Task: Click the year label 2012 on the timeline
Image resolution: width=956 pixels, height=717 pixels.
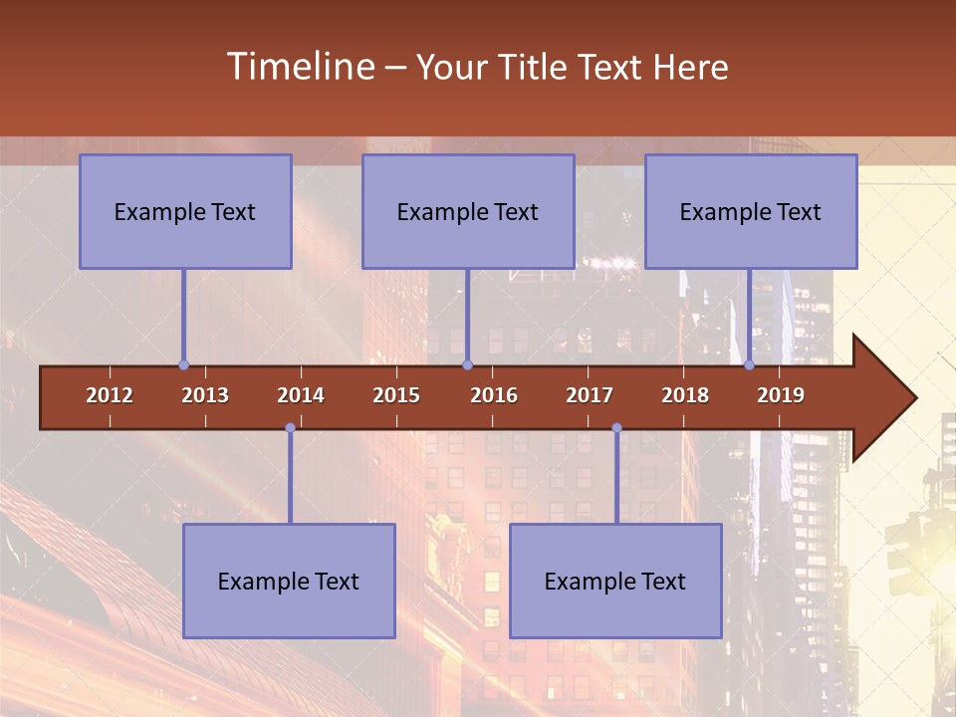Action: coord(110,395)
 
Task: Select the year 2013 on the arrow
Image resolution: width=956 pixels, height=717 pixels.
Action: coord(205,395)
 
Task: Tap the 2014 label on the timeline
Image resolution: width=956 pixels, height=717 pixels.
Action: coord(301,395)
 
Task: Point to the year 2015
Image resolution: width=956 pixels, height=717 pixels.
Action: coord(396,395)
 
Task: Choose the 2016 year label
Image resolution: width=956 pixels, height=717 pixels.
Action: coord(494,395)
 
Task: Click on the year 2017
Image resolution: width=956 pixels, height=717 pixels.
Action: coord(590,395)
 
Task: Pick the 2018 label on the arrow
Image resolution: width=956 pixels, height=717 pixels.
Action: coord(685,395)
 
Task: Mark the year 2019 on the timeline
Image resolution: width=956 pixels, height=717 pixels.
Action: coord(781,395)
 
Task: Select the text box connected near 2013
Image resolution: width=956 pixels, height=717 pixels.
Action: coord(185,211)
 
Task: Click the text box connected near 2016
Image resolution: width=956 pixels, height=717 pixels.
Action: coord(468,211)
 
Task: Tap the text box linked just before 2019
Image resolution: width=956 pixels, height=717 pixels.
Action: coord(751,211)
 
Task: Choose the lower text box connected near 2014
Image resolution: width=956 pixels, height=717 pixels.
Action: coord(289,581)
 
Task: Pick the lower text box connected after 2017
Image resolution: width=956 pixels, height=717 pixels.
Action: coord(615,581)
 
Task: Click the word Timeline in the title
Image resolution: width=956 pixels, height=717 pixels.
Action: coord(299,67)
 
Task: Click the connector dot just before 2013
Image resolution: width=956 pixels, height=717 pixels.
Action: coord(183,364)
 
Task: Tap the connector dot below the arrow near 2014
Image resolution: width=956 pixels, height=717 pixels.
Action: coord(290,428)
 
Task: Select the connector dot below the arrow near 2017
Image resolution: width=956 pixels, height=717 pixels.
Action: coord(616,428)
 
